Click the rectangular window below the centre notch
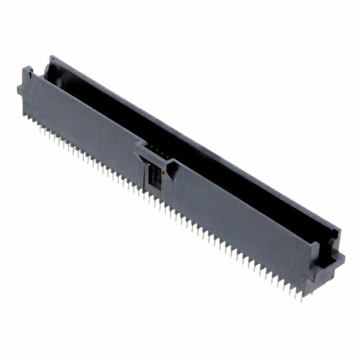[x=152, y=179]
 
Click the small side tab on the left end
[x=20, y=89]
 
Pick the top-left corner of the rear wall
[x=52, y=58]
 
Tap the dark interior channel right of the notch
[x=247, y=186]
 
